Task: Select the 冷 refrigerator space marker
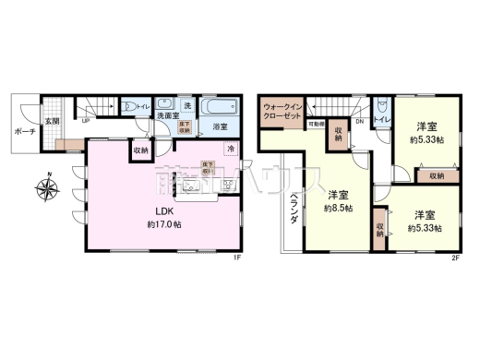point(231,148)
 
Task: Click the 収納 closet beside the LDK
point(140,149)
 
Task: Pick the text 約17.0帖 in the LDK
point(162,224)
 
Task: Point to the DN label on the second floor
point(359,121)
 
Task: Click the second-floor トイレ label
point(380,121)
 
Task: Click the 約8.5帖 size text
point(338,209)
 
